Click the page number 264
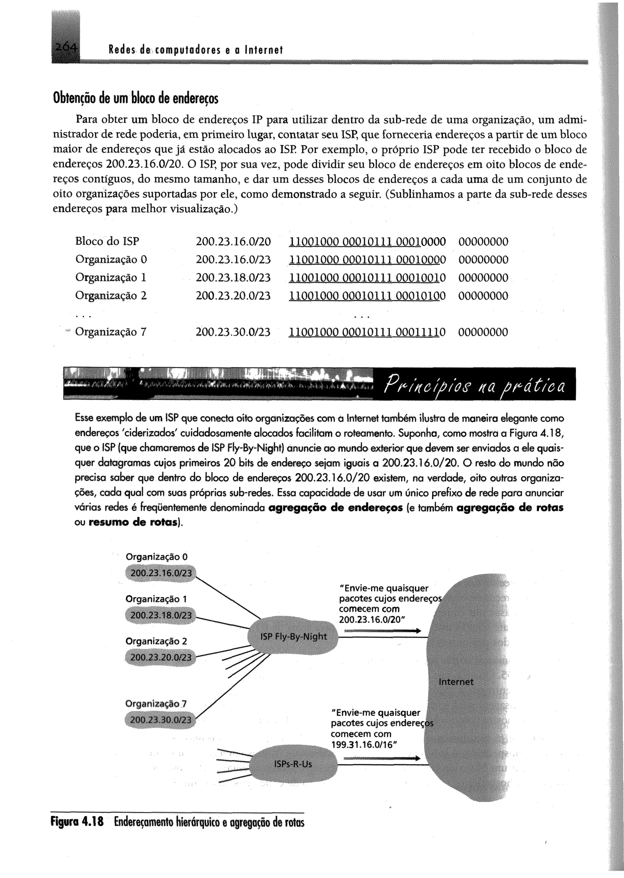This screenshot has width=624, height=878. point(66,48)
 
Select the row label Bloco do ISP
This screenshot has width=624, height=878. point(107,241)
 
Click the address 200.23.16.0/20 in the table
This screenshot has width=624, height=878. point(233,242)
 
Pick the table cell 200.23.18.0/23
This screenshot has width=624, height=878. point(233,277)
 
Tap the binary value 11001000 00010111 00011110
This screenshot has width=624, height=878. point(367,332)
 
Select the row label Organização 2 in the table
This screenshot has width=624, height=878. point(111,296)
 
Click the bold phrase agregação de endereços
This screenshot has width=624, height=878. point(335,508)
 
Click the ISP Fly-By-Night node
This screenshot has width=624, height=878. point(293,637)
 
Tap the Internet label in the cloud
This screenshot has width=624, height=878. point(456,682)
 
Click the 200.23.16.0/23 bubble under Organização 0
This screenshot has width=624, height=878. point(161,573)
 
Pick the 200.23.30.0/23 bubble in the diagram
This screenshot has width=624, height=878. point(161,720)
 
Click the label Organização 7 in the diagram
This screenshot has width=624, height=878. point(156,704)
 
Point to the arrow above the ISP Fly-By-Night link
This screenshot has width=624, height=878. point(382,631)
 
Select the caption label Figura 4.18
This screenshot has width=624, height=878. point(77,822)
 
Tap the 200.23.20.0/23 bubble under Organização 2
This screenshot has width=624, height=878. point(161,657)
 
